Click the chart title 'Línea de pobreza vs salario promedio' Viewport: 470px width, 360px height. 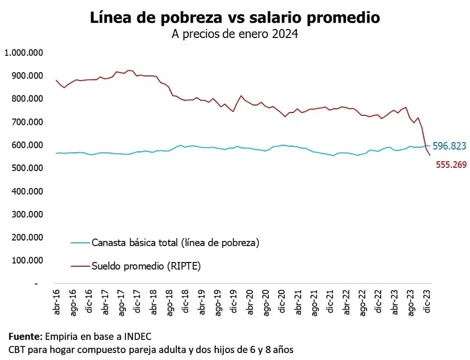[x=235, y=17]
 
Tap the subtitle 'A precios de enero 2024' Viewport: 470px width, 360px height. [x=235, y=35]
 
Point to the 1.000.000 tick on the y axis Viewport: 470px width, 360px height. [x=24, y=52]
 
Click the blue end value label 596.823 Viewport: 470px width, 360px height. [x=449, y=146]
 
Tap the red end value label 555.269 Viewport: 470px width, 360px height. [x=450, y=164]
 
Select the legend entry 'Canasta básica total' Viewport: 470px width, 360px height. [x=175, y=243]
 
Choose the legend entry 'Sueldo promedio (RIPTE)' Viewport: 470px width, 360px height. [x=146, y=266]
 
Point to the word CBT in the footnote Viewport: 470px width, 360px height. [x=17, y=348]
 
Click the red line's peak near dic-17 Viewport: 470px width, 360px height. [x=130, y=70]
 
